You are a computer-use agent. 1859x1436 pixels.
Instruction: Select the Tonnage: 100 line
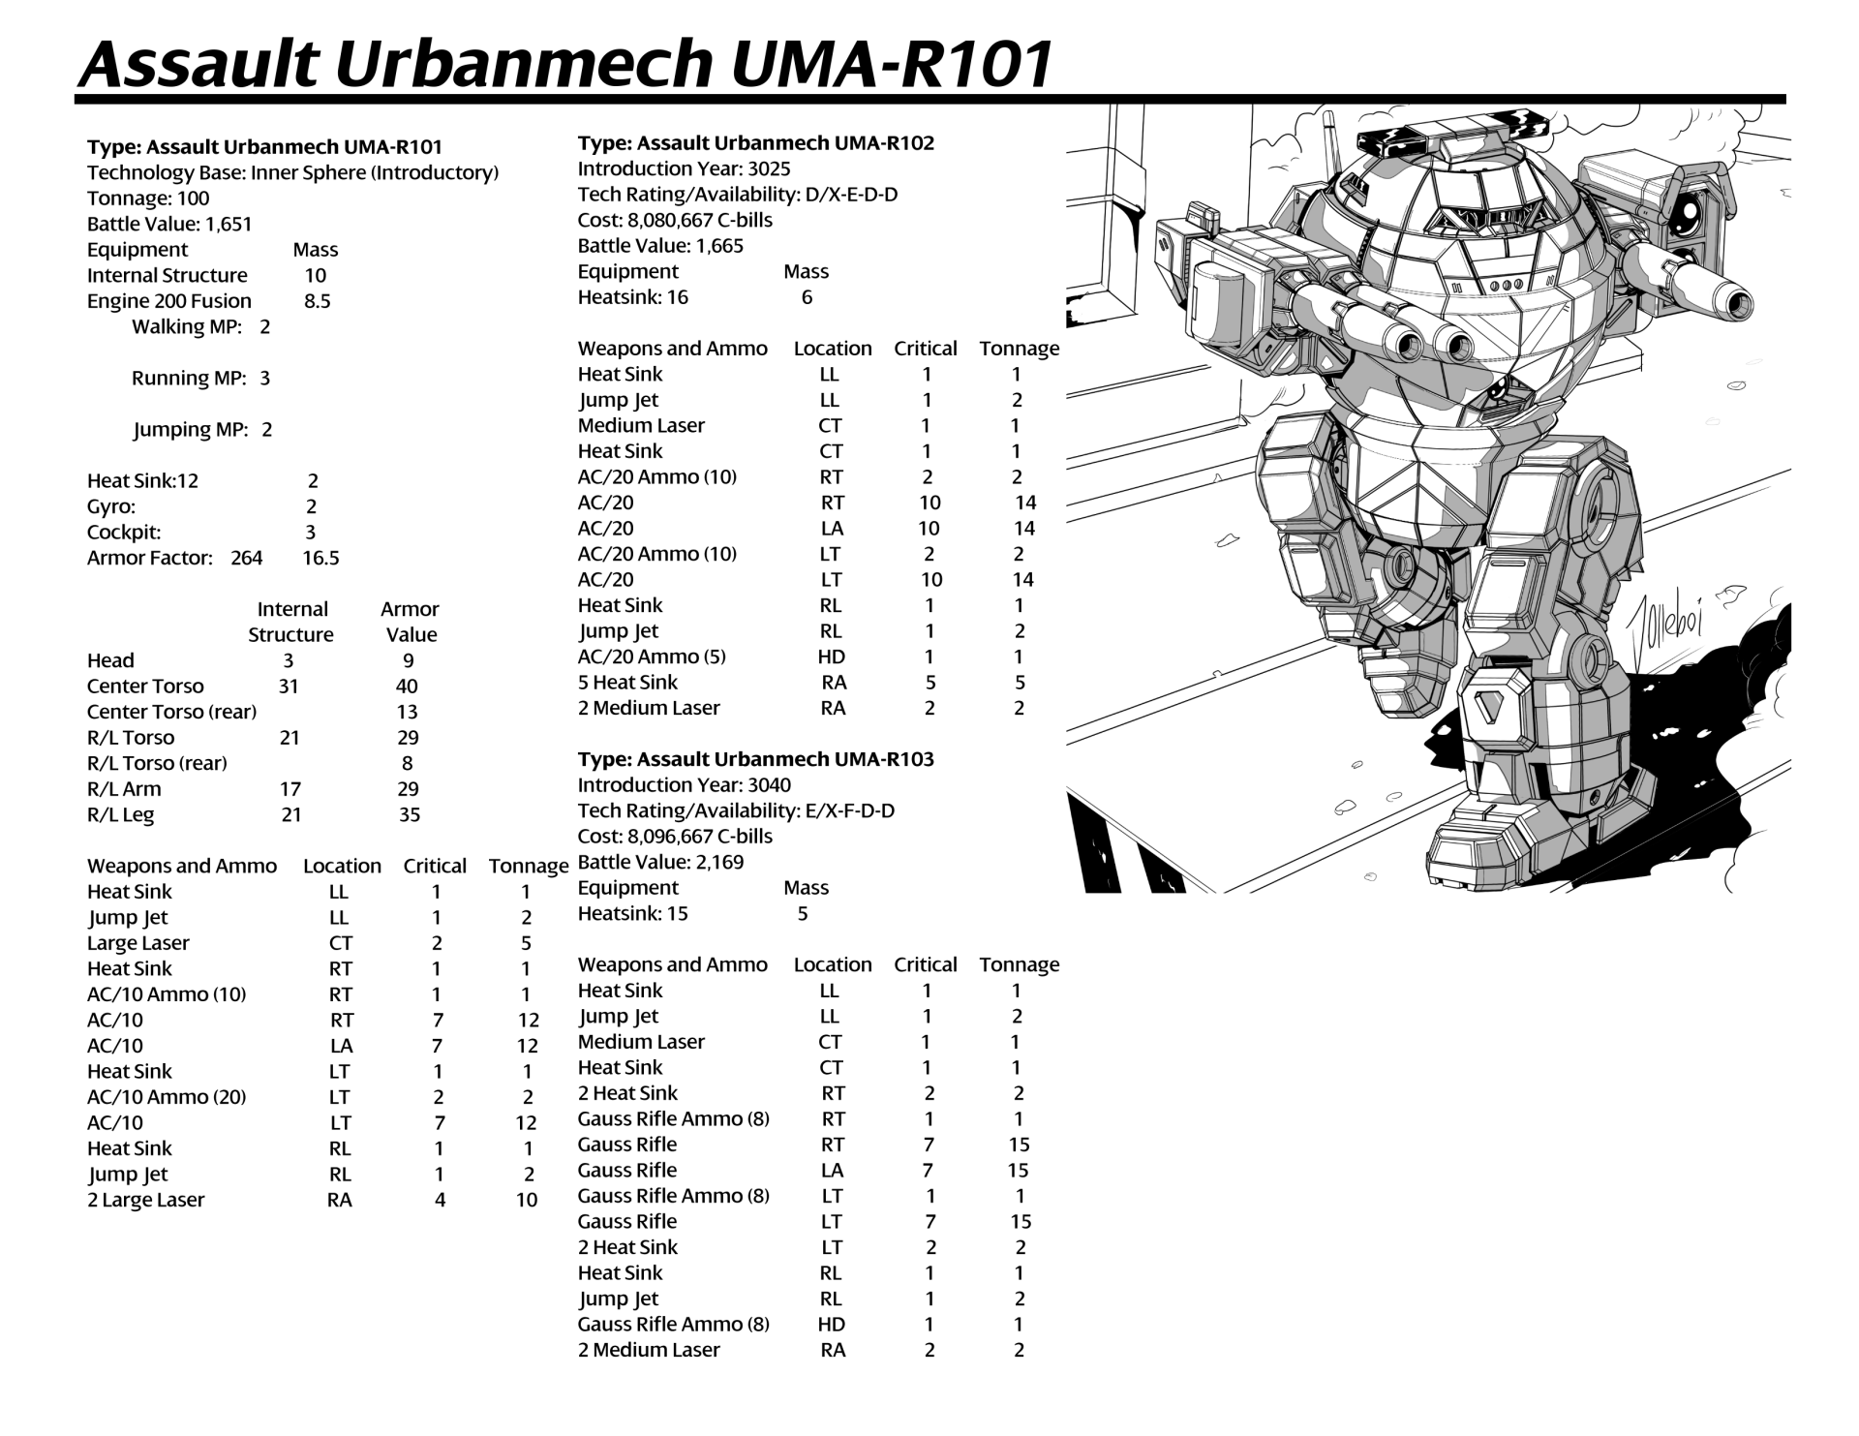[x=148, y=199]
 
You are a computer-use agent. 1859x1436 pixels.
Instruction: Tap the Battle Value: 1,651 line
[x=169, y=224]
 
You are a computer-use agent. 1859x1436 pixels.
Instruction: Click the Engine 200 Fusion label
[x=169, y=301]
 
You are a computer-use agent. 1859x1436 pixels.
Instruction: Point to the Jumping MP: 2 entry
[x=202, y=429]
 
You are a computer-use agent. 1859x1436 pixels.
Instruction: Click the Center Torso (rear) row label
[x=171, y=712]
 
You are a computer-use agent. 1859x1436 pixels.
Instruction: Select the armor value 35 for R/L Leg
[x=410, y=814]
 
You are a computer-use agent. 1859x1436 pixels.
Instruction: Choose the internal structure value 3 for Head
[x=288, y=660]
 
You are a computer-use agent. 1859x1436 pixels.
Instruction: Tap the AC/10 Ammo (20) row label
[x=167, y=1097]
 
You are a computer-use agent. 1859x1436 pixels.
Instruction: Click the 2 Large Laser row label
[x=145, y=1200]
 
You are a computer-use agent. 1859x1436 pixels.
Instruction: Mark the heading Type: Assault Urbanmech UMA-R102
[x=756, y=143]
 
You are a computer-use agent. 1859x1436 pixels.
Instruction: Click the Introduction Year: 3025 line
[x=684, y=168]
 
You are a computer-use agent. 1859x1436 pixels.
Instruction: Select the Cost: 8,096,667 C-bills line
[x=675, y=837]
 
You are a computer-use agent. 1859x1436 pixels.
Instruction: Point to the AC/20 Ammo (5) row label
[x=652, y=657]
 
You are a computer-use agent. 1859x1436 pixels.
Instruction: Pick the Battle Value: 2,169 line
[x=660, y=862]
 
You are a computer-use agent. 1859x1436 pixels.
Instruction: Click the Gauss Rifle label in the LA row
[x=627, y=1171]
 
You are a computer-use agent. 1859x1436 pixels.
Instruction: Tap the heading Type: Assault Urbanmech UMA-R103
[x=756, y=759]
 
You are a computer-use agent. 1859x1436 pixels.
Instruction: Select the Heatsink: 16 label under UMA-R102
[x=633, y=297]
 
